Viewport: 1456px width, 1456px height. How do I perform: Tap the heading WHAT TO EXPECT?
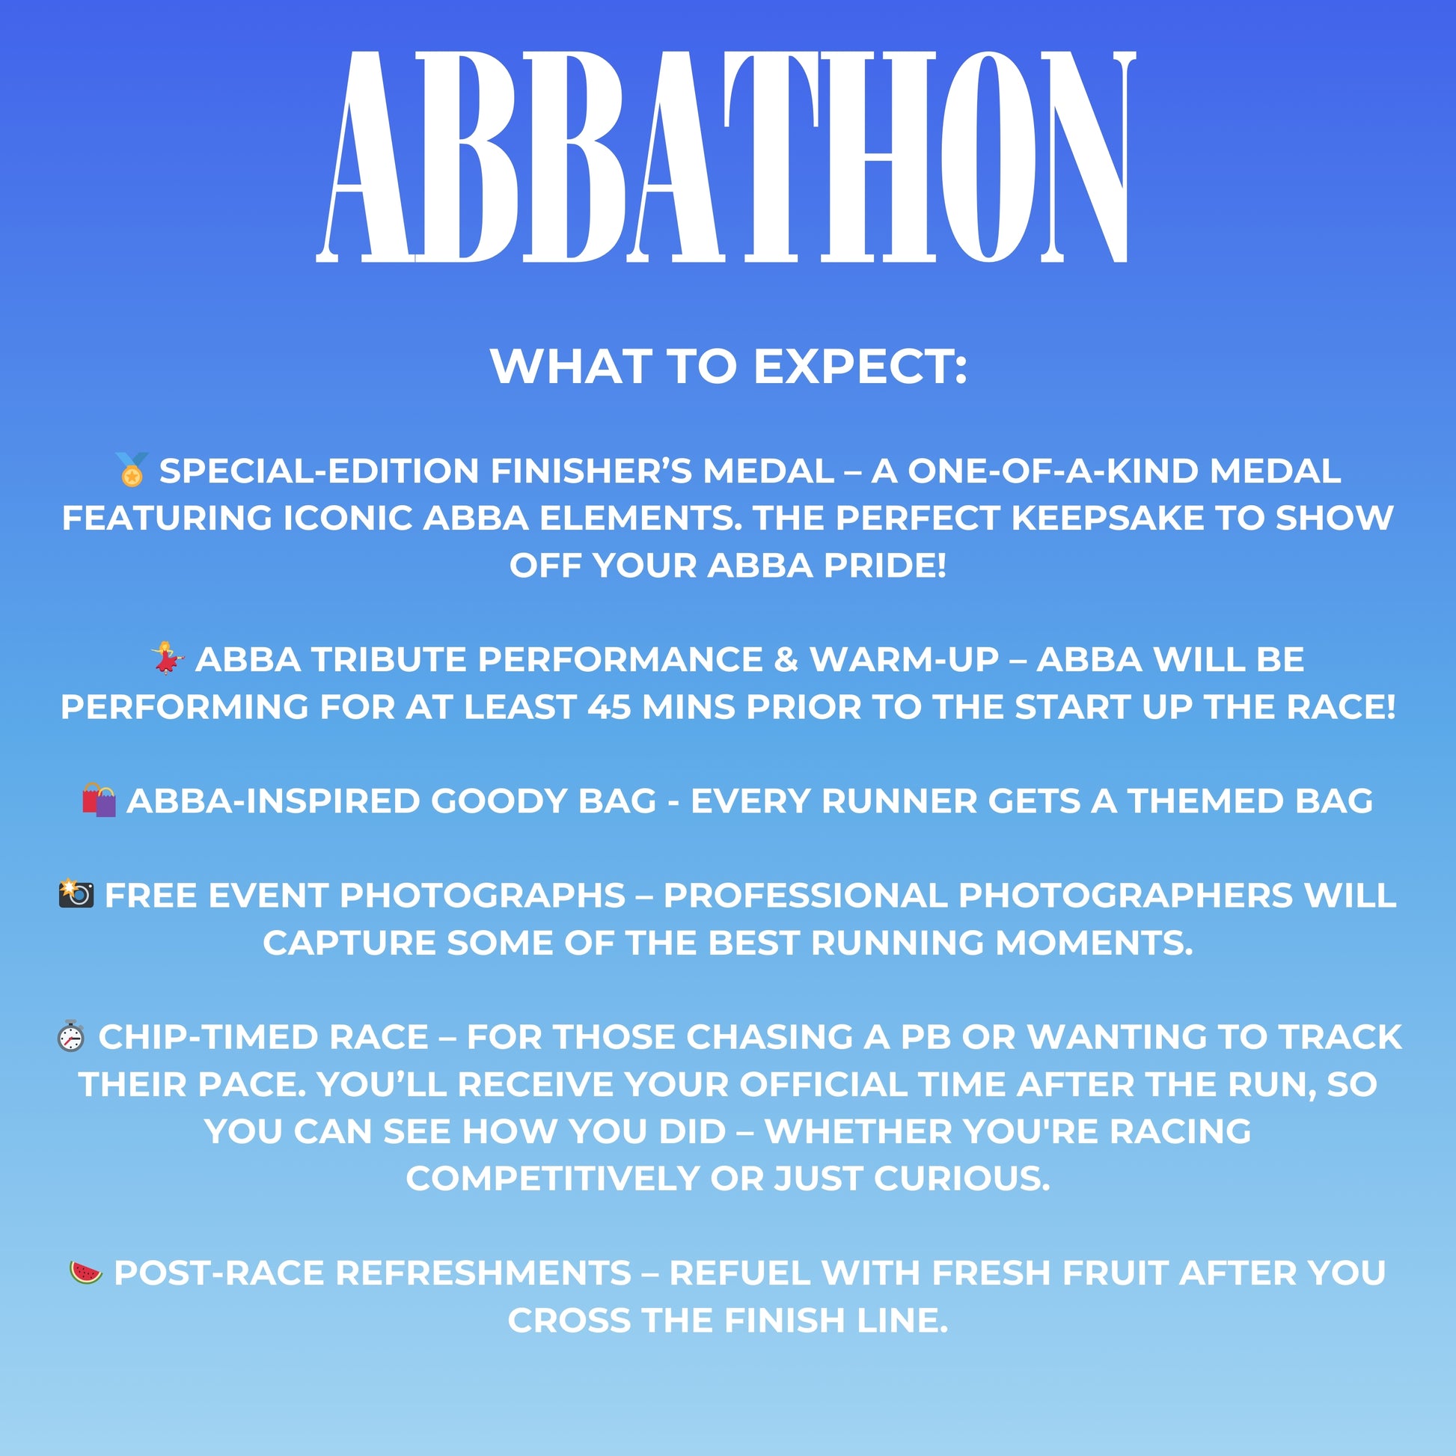728,367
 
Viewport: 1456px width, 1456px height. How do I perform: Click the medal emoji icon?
132,470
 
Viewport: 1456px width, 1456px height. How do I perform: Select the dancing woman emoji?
168,658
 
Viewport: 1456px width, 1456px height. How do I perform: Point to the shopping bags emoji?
99,800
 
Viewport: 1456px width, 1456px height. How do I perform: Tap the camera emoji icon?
76,894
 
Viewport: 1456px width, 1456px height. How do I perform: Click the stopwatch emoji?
71,1036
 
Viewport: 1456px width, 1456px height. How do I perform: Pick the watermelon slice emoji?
86,1272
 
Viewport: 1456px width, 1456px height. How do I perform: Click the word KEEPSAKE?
1107,518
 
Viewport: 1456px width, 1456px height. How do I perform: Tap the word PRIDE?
885,565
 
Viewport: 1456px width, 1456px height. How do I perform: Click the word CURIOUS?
961,1178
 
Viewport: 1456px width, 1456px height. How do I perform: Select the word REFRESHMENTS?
483,1273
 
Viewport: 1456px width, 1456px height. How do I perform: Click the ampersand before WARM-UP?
786,659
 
